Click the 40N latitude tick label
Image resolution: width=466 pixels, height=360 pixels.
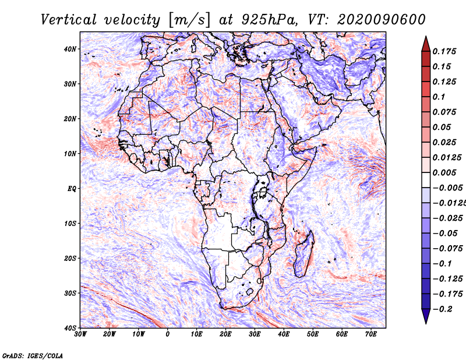pos(70,49)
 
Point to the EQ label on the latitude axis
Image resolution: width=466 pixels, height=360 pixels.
pos(72,189)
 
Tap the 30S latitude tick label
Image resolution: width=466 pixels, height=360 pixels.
pos(70,294)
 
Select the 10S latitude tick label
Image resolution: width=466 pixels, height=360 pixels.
pos(70,224)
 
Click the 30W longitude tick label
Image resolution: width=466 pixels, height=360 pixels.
pos(80,334)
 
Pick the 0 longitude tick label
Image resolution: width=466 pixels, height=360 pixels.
pos(168,334)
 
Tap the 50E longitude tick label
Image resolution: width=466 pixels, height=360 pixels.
pos(313,334)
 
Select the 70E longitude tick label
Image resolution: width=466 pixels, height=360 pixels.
pos(371,334)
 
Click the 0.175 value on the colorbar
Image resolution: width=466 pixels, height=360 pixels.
pos(444,51)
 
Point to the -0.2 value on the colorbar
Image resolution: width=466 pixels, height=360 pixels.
pos(443,309)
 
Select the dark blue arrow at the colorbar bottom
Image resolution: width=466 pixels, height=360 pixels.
pos(426,316)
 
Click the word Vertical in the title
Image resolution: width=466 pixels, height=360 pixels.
pos(69,20)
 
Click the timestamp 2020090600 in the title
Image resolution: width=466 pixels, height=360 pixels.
pos(382,20)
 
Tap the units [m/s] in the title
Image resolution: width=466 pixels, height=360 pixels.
pos(189,20)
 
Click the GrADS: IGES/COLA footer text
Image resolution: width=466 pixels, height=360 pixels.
pos(33,355)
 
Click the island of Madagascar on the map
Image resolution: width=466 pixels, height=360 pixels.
pos(303,256)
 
